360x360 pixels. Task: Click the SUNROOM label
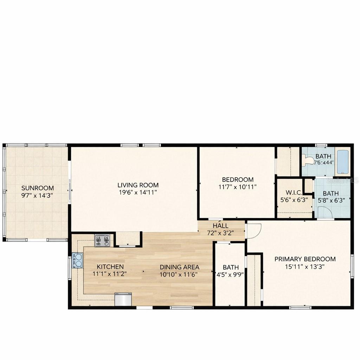pos(38,188)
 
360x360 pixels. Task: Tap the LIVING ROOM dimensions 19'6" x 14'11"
pos(138,192)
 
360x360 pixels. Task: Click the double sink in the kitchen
pos(77,261)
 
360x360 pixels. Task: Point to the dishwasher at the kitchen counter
pos(123,299)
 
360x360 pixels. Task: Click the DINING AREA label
pos(179,267)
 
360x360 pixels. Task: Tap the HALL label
pos(220,226)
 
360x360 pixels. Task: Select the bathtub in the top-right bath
pos(342,162)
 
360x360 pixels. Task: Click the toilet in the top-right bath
pos(308,161)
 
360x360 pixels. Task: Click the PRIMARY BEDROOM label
pos(305,259)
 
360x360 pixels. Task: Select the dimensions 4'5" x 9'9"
pos(231,275)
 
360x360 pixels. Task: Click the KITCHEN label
pos(110,267)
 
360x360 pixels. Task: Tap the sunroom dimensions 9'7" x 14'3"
pos(38,195)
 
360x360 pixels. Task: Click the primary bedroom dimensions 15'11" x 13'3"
pos(305,266)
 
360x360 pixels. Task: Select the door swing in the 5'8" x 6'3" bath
pos(324,212)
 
